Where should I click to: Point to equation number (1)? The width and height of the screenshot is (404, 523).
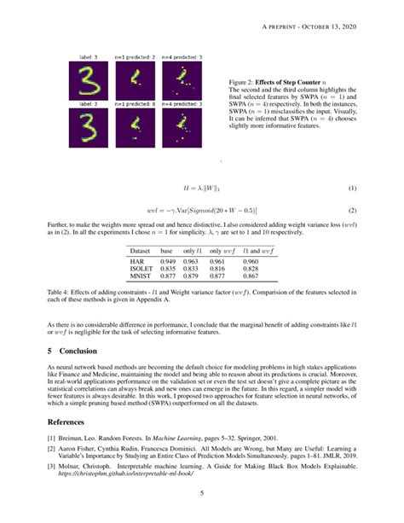coord(352,189)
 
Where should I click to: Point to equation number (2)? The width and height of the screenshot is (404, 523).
coord(352,210)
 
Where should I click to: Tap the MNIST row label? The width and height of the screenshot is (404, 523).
coord(141,276)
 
